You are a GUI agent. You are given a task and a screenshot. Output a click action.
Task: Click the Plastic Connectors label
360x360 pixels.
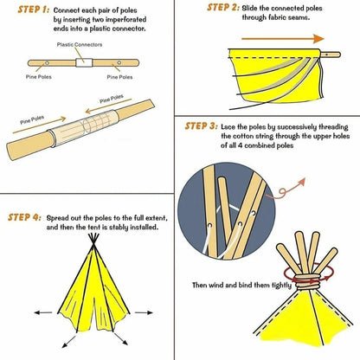79,44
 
